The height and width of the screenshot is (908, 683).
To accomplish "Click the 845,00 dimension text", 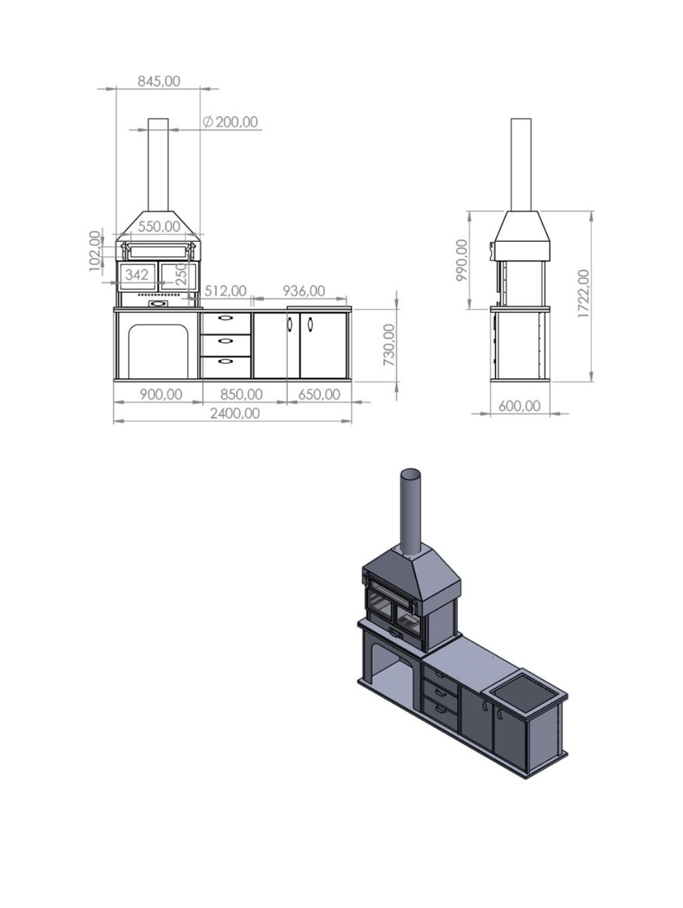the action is [159, 81].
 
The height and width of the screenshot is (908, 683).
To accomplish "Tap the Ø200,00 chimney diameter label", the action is [230, 122].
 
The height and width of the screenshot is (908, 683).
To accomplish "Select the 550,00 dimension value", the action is [159, 226].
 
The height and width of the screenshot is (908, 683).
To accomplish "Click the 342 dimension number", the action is [137, 274].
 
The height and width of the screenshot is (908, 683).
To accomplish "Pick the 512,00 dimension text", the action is [225, 291].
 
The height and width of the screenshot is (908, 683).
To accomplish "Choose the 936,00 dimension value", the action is [304, 291].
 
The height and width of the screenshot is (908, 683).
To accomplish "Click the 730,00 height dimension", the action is [389, 345].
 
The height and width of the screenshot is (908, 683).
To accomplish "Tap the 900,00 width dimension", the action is [160, 394].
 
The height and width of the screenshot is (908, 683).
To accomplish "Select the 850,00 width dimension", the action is [241, 394].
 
